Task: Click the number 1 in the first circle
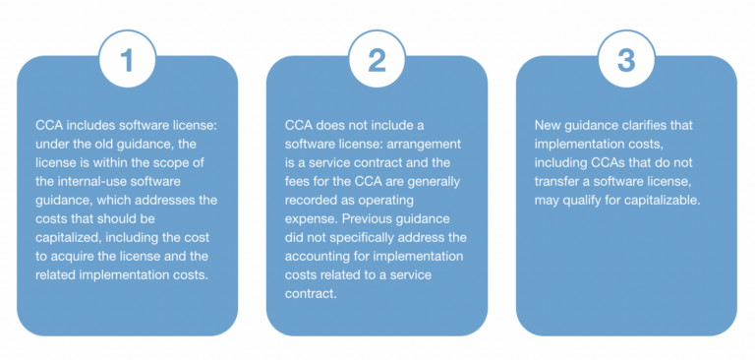tap(127, 61)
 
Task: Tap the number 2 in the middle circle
tap(377, 61)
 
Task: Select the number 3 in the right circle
tap(625, 61)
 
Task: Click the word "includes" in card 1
tap(85, 125)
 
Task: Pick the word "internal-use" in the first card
tap(93, 181)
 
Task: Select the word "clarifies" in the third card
tap(650, 125)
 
